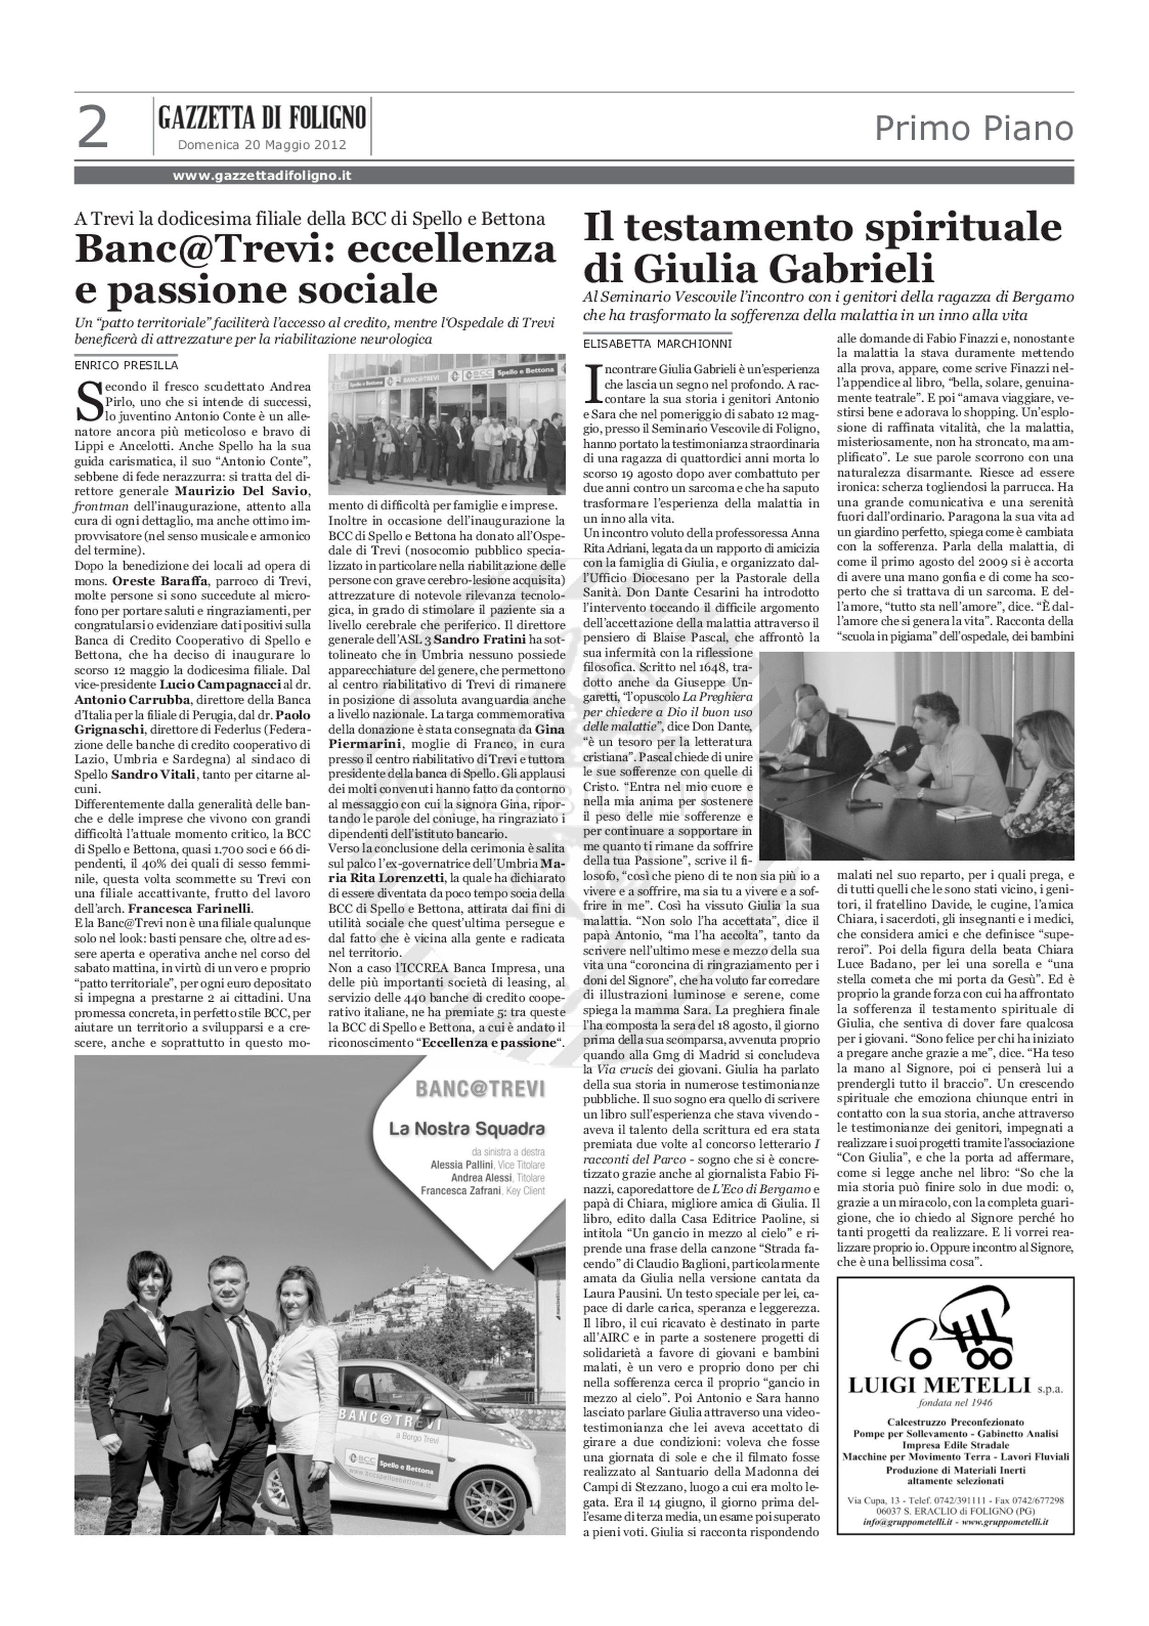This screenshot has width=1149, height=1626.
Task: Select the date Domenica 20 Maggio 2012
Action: (262, 145)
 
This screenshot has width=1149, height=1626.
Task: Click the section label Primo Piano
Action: (973, 129)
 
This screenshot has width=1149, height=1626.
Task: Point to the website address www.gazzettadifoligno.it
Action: (262, 176)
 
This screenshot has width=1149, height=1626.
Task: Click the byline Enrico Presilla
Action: (126, 365)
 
